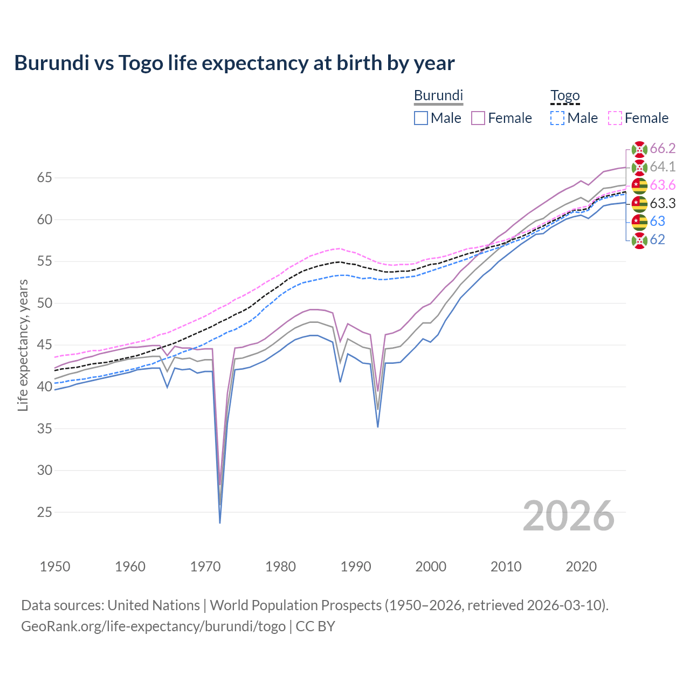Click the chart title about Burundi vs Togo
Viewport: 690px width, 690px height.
click(x=234, y=63)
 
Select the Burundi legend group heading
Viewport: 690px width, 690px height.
click(x=438, y=96)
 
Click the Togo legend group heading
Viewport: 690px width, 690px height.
click(x=564, y=96)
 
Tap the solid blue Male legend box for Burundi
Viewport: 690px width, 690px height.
click(x=421, y=118)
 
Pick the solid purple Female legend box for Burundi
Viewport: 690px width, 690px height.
click(x=478, y=118)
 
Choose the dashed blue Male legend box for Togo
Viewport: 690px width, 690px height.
click(x=557, y=118)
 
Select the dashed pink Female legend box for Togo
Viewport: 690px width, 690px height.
click(x=615, y=118)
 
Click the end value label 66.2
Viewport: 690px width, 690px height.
click(x=663, y=149)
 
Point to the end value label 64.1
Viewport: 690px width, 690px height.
click(x=663, y=167)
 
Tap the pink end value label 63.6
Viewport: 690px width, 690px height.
click(x=663, y=185)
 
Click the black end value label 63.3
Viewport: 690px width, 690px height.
click(x=663, y=204)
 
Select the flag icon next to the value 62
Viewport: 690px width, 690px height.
click(x=639, y=240)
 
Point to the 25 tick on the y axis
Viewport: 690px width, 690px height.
click(x=45, y=512)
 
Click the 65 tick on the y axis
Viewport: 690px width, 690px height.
click(x=45, y=178)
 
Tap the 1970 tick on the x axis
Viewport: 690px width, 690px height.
click(x=205, y=567)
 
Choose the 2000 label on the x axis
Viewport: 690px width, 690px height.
click(x=431, y=567)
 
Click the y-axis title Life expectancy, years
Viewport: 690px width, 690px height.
click(x=23, y=345)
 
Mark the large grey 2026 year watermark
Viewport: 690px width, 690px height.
click(x=568, y=516)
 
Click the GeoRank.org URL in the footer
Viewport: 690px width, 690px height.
click(x=153, y=626)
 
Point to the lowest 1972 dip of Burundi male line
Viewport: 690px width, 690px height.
click(x=220, y=522)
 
